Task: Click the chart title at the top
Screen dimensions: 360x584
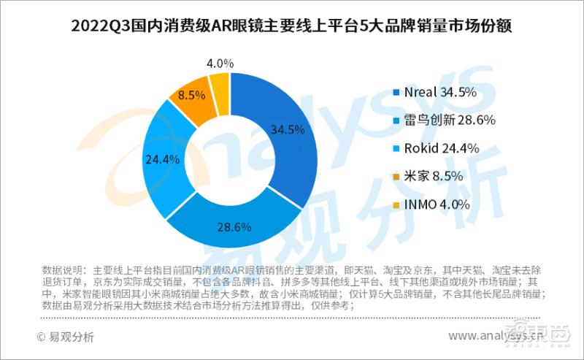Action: (x=291, y=27)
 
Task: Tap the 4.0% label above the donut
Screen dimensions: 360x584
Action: (x=220, y=63)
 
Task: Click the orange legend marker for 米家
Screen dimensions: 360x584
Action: (x=396, y=177)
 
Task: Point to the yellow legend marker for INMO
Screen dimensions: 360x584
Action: (x=396, y=205)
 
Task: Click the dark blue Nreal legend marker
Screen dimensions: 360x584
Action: (x=396, y=93)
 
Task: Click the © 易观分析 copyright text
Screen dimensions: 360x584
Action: (x=66, y=337)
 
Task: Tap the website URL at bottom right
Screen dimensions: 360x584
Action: (x=504, y=337)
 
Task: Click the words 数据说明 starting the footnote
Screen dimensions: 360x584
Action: (x=63, y=269)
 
